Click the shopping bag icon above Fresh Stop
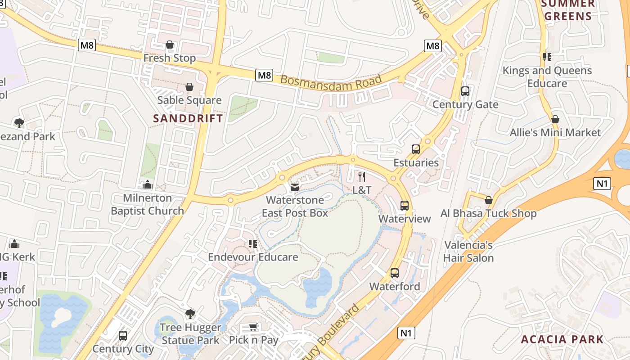pyautogui.click(x=170, y=45)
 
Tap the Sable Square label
pyautogui.click(x=189, y=100)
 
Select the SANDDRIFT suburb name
pyautogui.click(x=188, y=118)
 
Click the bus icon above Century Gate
pyautogui.click(x=465, y=91)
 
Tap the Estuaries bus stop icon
pyautogui.click(x=416, y=149)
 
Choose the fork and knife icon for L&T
pyautogui.click(x=362, y=177)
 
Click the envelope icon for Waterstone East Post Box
pyautogui.click(x=295, y=187)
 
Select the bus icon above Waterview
pyautogui.click(x=405, y=206)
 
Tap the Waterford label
pyautogui.click(x=395, y=287)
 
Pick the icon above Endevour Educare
pyautogui.click(x=253, y=244)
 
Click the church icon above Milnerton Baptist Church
pyautogui.click(x=148, y=184)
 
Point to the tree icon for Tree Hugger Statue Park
pyautogui.click(x=190, y=314)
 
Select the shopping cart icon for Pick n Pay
pyautogui.click(x=253, y=327)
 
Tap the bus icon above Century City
pyautogui.click(x=123, y=336)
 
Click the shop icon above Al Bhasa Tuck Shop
pyautogui.click(x=488, y=200)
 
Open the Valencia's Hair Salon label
pyautogui.click(x=468, y=252)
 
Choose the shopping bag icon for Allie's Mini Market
pyautogui.click(x=555, y=119)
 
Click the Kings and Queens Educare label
pyautogui.click(x=547, y=77)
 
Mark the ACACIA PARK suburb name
pyautogui.click(x=562, y=339)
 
